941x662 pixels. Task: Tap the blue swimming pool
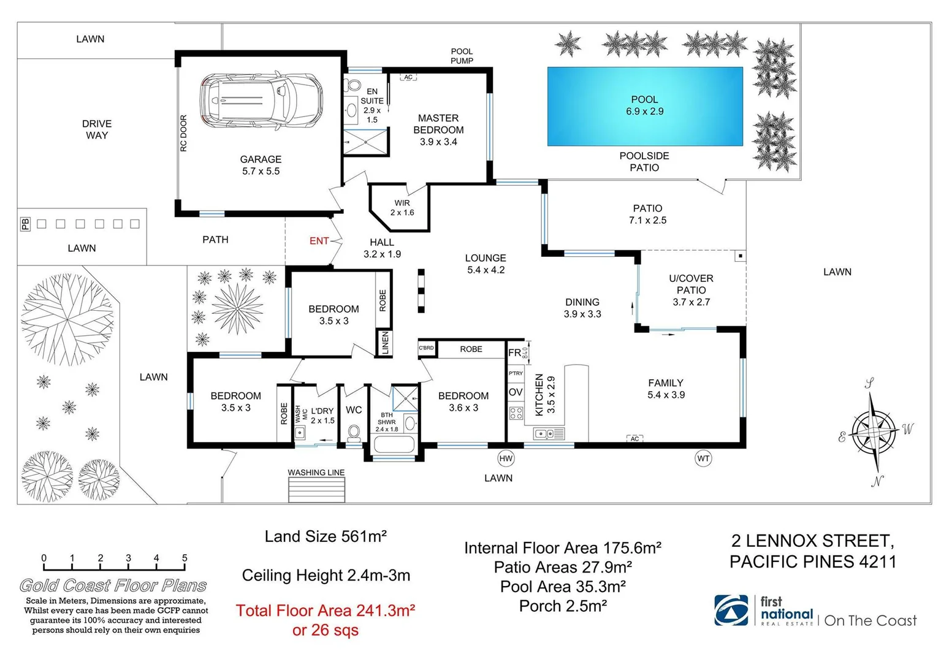pyautogui.click(x=644, y=106)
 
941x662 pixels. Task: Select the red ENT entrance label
pyautogui.click(x=319, y=241)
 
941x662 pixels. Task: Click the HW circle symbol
pyautogui.click(x=506, y=458)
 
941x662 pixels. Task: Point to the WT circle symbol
pyautogui.click(x=703, y=458)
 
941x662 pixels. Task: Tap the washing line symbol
pyautogui.click(x=316, y=490)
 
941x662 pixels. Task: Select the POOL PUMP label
pyautogui.click(x=462, y=56)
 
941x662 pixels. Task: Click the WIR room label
pyautogui.click(x=402, y=208)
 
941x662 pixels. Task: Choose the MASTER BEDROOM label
pyautogui.click(x=438, y=124)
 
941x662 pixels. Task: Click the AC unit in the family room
pyautogui.click(x=634, y=439)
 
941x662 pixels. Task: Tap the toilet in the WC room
pyautogui.click(x=354, y=433)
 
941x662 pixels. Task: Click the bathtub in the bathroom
pyautogui.click(x=395, y=444)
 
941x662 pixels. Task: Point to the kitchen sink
pyautogui.click(x=549, y=434)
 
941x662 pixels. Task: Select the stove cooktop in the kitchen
pyautogui.click(x=516, y=413)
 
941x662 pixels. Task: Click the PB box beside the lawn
pyautogui.click(x=25, y=224)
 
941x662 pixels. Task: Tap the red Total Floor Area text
pyautogui.click(x=326, y=611)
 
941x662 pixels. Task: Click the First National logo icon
pyautogui.click(x=731, y=611)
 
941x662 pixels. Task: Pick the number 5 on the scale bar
pyautogui.click(x=185, y=558)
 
